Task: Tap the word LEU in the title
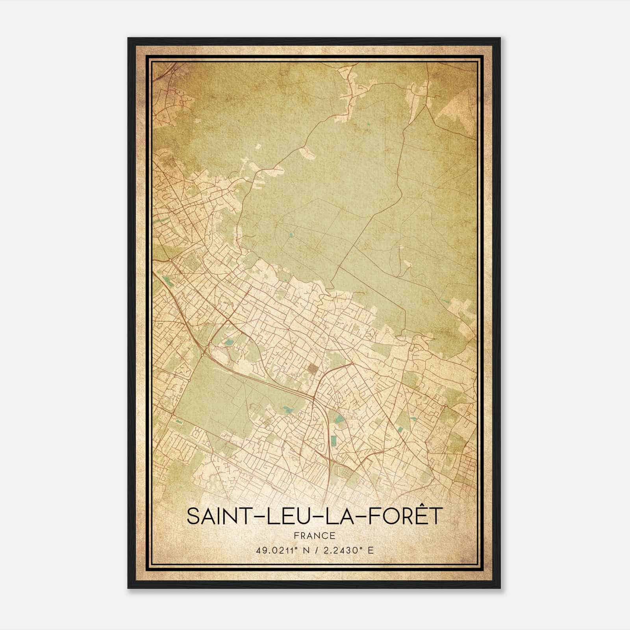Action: [x=287, y=516]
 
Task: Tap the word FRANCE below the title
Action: [x=314, y=535]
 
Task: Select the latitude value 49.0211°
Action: [x=276, y=550]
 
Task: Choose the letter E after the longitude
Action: [x=370, y=550]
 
